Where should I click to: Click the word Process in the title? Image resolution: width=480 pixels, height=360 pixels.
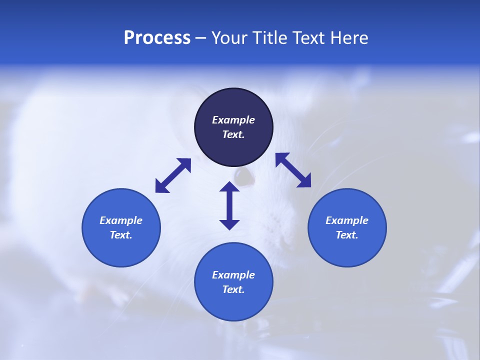(x=157, y=38)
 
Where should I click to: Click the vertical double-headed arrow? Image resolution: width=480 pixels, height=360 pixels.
(x=229, y=205)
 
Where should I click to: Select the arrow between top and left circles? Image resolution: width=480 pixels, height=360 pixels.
(x=173, y=175)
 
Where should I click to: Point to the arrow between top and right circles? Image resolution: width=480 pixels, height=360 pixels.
(x=293, y=170)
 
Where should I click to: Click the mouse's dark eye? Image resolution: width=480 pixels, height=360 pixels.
(x=243, y=176)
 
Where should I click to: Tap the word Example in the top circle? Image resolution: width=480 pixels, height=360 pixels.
(x=233, y=120)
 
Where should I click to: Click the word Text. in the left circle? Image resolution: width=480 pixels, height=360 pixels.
(x=121, y=235)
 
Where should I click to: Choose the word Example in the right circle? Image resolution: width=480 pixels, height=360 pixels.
(x=347, y=220)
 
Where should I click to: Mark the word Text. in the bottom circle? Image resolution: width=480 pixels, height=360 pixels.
(x=233, y=289)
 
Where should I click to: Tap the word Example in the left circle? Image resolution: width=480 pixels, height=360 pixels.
(x=121, y=220)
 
